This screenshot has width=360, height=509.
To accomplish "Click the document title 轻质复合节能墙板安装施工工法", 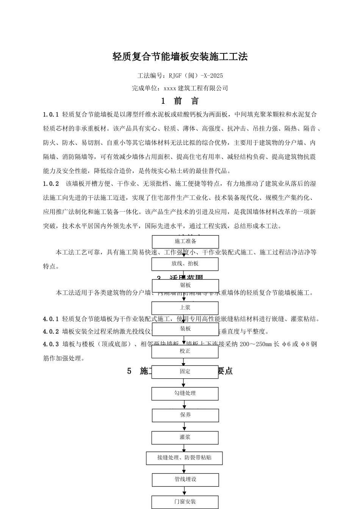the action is coord(180,57).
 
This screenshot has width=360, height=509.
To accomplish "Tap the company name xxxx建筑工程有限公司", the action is coord(196,88).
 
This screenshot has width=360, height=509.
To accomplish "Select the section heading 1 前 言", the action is coord(180,101).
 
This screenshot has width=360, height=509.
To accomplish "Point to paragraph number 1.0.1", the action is coord(51,114).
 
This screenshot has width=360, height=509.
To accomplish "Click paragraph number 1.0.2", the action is coord(51,184).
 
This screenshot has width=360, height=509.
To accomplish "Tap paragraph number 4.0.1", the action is coord(51,319).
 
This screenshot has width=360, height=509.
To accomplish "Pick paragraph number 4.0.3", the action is coord(51,344).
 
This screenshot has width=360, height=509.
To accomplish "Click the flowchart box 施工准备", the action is coord(185,242).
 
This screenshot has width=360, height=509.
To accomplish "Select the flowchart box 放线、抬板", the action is coord(185,264).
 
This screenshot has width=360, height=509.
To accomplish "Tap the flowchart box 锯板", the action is coord(185,286).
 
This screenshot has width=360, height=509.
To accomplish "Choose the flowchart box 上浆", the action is coord(185,308).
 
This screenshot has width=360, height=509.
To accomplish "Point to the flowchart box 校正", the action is coord(185,351).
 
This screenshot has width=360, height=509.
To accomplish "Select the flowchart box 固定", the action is coord(185,372).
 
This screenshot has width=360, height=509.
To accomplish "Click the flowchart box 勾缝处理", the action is coord(185,393).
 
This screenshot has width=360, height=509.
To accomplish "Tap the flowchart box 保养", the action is coord(185,415).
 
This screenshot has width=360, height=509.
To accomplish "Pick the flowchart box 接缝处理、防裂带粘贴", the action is coord(184,458).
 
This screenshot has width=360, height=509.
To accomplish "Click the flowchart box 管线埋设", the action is coord(185,479).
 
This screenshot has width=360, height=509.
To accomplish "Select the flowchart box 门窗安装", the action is coord(185,502).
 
